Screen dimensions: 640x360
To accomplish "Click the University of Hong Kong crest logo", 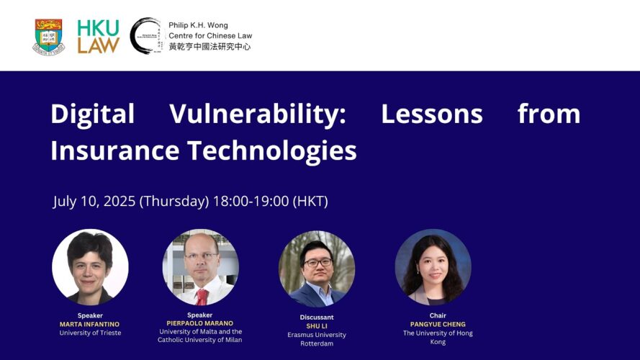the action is coord(48,37).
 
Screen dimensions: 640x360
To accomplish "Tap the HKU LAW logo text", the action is coord(99,37).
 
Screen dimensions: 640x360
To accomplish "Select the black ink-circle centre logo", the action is coord(145,35).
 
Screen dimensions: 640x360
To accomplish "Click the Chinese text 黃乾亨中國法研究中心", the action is coord(209,47).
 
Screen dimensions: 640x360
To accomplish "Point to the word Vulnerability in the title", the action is coord(258,114).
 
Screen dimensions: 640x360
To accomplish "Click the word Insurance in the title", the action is coord(115,150).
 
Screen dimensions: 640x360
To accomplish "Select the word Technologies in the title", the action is coord(272,151).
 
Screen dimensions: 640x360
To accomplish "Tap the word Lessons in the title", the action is coord(432,114).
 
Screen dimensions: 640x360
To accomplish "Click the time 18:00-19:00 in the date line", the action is coord(251,201).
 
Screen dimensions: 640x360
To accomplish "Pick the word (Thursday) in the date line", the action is coord(174,201).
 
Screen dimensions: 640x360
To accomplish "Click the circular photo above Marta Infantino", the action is coord(90,267).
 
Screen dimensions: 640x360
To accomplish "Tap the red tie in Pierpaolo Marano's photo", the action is coord(202,297).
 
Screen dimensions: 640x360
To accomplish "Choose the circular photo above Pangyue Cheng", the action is coord(433,267).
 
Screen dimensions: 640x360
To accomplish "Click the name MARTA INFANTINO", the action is coord(90,325).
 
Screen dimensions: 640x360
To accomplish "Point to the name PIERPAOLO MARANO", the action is coord(200,323).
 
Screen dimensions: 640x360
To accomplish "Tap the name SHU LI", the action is coord(317,326).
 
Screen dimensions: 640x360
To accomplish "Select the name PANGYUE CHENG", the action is coord(438,325).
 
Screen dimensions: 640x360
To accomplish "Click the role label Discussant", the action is coord(317,317).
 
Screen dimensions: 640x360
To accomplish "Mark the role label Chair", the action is coord(438,315).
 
